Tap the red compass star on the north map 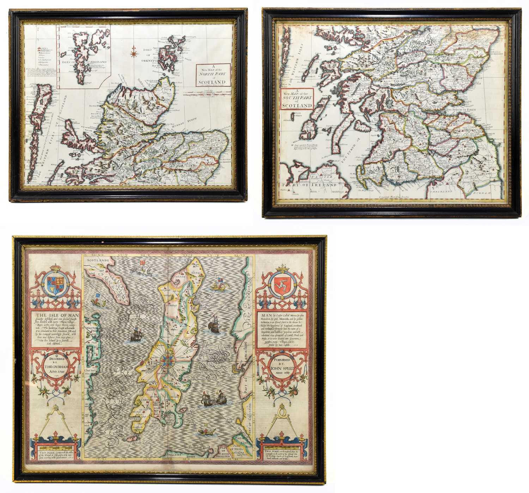[x=134, y=53]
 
